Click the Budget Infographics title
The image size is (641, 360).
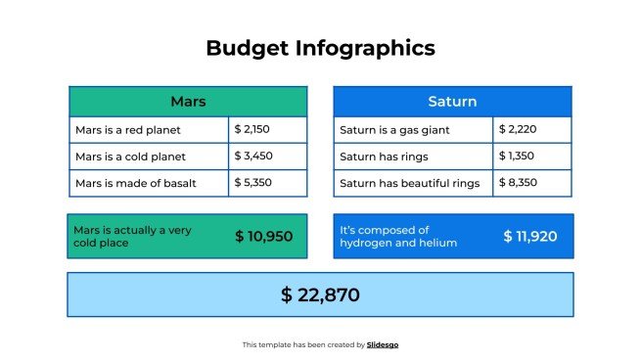coord(320,48)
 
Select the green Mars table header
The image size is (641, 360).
coord(188,102)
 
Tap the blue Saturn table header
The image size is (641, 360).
coord(452,102)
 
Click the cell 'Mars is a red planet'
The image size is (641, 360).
coord(149,129)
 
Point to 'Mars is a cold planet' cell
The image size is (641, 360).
coord(149,156)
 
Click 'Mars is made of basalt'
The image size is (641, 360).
coord(149,182)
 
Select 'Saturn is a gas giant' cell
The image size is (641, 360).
coord(413,129)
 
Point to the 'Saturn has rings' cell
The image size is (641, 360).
coord(413,156)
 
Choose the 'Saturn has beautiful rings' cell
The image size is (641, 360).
coord(413,183)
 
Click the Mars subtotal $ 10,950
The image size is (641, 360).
coord(264,237)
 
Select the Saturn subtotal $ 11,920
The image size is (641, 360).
coord(529,237)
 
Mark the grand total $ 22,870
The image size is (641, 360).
coord(320,294)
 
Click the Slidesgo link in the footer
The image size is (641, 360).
coord(383,344)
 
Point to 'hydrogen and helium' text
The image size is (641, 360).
coord(398,243)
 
